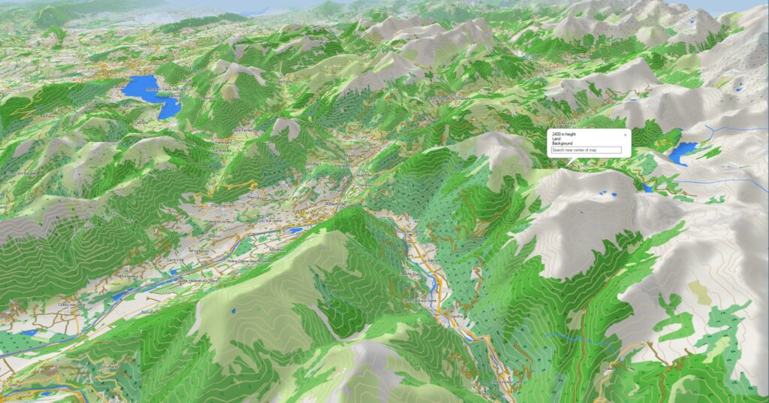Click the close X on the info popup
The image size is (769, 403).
[625, 134]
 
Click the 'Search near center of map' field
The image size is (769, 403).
[587, 150]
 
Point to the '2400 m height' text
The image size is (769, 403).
[563, 133]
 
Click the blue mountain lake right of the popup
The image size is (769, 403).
[683, 153]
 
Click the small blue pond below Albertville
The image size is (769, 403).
[297, 231]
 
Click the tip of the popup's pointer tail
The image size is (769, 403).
[569, 165]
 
